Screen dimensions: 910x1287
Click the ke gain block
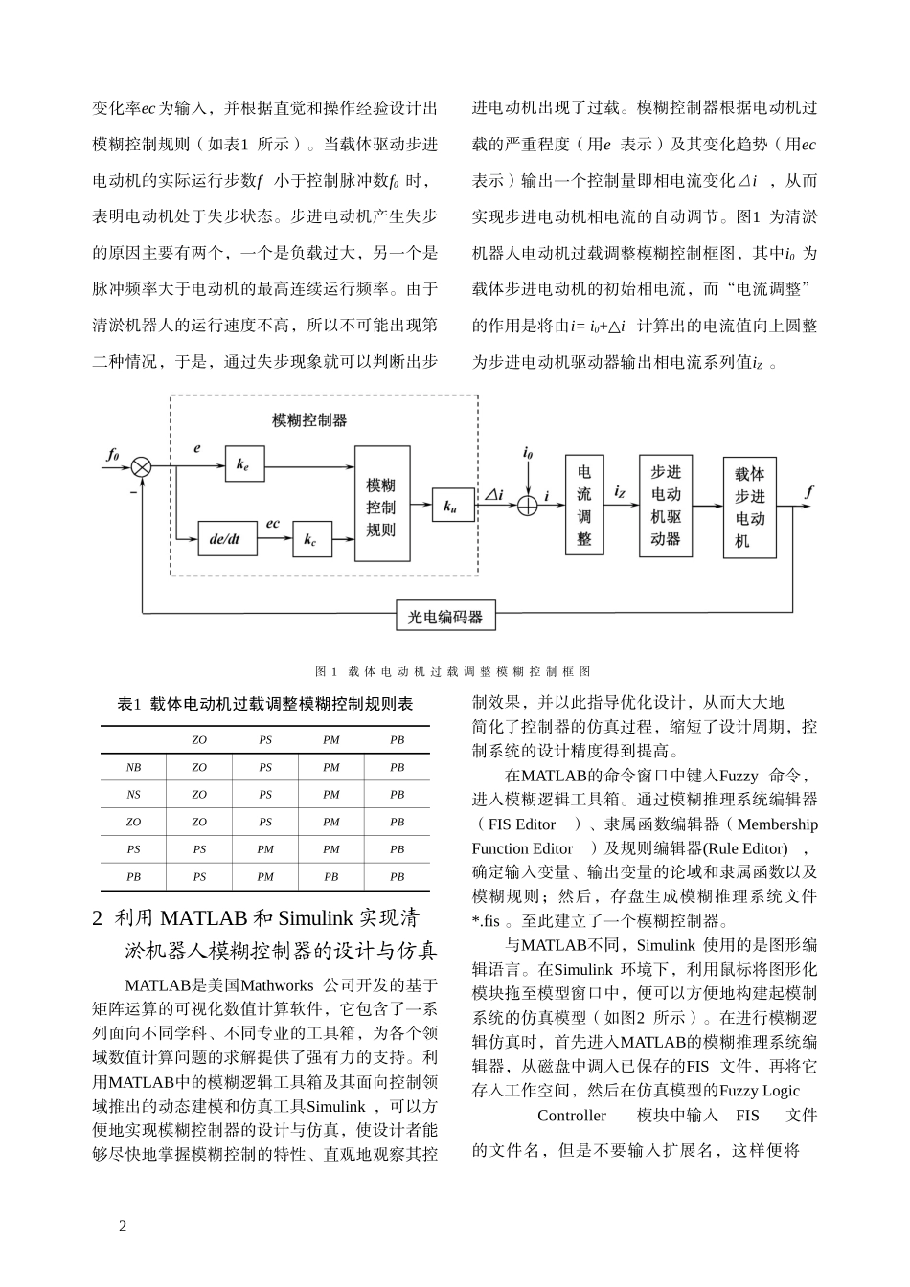click(243, 465)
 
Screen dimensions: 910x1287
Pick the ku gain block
click(451, 508)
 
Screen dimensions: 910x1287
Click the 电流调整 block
click(584, 505)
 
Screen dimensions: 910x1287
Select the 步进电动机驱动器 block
click(666, 505)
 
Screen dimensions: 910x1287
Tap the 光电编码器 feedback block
click(445, 617)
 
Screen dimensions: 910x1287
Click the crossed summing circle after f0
click(142, 466)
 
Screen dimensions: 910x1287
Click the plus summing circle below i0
click(528, 506)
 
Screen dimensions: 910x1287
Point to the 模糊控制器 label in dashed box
click(309, 419)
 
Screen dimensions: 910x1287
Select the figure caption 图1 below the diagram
click(453, 672)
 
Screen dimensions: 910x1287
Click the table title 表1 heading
click(265, 704)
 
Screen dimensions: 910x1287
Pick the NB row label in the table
click(133, 767)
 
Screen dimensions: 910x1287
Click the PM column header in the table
click(331, 740)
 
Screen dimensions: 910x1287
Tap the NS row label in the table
click(133, 794)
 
